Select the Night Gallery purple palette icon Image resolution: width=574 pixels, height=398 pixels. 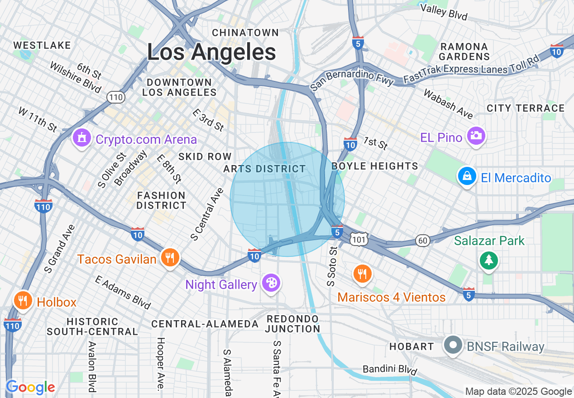272,284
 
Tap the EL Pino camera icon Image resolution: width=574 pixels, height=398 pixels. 476,136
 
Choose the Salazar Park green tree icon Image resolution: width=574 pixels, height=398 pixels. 489,261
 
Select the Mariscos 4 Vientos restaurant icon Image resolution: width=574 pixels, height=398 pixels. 362,274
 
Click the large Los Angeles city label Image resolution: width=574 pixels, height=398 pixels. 211,52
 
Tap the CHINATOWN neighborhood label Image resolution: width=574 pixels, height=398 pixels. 245,33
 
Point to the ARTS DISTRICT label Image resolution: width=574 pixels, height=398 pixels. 265,169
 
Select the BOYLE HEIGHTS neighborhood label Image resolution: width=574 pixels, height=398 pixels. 375,166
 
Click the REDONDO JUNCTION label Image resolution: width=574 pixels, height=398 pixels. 293,324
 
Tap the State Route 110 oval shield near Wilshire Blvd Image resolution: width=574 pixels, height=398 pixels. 116,97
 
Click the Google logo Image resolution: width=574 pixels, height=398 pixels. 30,387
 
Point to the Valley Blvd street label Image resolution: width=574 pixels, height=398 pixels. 444,12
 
